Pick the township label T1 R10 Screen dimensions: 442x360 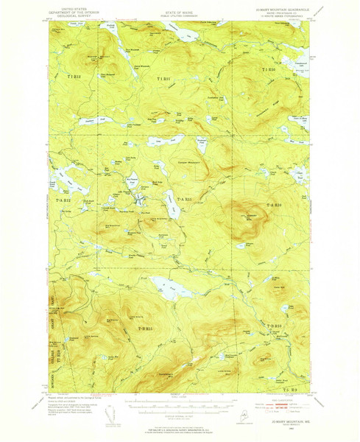269,69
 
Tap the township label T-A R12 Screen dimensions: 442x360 61,200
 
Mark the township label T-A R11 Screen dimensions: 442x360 183,200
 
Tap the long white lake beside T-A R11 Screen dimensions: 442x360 172,207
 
